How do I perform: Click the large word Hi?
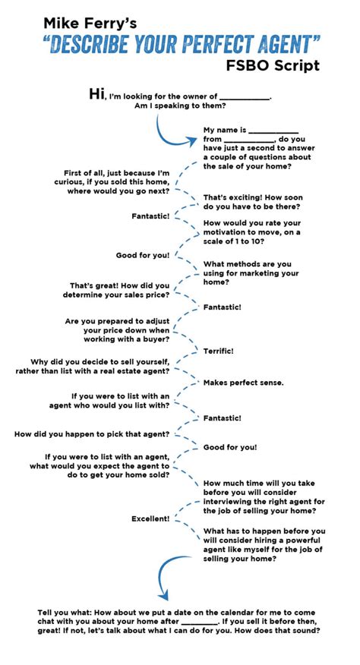pyautogui.click(x=96, y=93)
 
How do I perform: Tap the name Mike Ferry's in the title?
pyautogui.click(x=90, y=23)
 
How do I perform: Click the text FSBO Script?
pyautogui.click(x=272, y=66)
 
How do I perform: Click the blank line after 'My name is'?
pyautogui.click(x=274, y=132)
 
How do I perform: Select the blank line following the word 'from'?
pyautogui.click(x=249, y=142)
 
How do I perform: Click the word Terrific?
pyautogui.click(x=218, y=351)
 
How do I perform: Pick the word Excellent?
pyautogui.click(x=150, y=518)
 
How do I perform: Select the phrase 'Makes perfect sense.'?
pyautogui.click(x=243, y=383)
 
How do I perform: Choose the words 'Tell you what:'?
pyautogui.click(x=65, y=613)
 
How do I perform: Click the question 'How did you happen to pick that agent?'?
pyautogui.click(x=92, y=434)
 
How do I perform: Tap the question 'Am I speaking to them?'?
pyautogui.click(x=180, y=106)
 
